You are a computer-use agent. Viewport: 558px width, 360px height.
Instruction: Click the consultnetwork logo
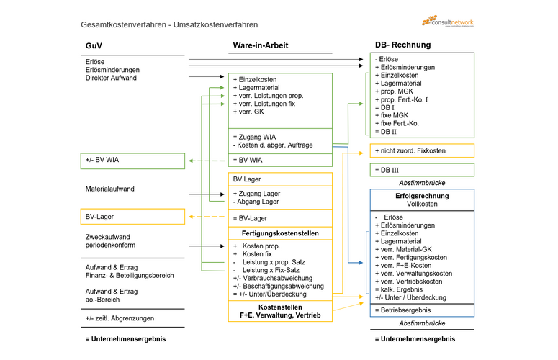click(x=448, y=22)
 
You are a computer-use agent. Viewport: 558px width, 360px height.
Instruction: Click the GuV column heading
click(x=93, y=45)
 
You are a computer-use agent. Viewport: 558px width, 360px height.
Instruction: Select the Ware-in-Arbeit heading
click(x=260, y=45)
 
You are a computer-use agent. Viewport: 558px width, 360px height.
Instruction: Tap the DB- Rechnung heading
click(x=402, y=45)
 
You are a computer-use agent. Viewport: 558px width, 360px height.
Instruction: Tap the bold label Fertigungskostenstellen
click(x=280, y=233)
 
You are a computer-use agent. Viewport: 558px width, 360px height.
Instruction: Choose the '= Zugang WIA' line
click(x=254, y=136)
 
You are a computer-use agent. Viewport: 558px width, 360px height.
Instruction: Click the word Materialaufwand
click(x=110, y=189)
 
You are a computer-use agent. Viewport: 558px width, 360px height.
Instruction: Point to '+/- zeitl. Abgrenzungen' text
click(x=120, y=318)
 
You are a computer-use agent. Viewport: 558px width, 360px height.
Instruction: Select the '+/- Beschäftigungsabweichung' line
click(x=276, y=286)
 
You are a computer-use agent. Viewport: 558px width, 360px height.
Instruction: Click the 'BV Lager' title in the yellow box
click(x=246, y=179)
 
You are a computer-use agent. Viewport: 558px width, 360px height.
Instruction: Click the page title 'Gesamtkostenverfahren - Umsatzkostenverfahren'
click(x=169, y=25)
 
